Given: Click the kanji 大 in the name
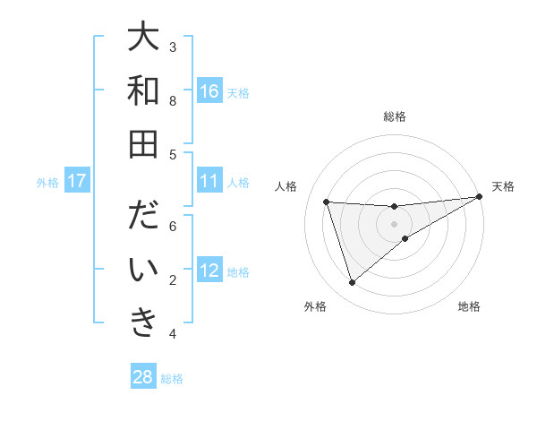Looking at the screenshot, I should [x=143, y=39].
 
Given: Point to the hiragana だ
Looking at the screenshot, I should [x=143, y=218].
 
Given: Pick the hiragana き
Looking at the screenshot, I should [x=143, y=322].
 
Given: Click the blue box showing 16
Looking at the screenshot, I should [x=209, y=91].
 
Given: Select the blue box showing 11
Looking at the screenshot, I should [x=209, y=182].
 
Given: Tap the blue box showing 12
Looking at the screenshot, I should [x=209, y=271].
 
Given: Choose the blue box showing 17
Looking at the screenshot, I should [x=77, y=182].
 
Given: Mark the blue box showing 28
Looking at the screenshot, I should [x=143, y=377].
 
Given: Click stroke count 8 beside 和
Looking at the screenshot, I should [x=173, y=100].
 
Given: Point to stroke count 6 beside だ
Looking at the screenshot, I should [x=173, y=227].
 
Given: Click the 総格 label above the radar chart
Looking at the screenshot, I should [x=395, y=116].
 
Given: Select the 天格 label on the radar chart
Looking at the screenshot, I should [x=504, y=186].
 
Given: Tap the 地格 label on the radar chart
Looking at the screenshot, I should [x=469, y=306].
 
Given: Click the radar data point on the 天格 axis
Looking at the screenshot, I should [x=480, y=197].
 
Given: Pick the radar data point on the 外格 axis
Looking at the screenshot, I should [x=352, y=283].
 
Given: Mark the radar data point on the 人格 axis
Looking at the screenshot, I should [x=327, y=202].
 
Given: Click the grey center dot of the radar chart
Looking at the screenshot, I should [x=395, y=224].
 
